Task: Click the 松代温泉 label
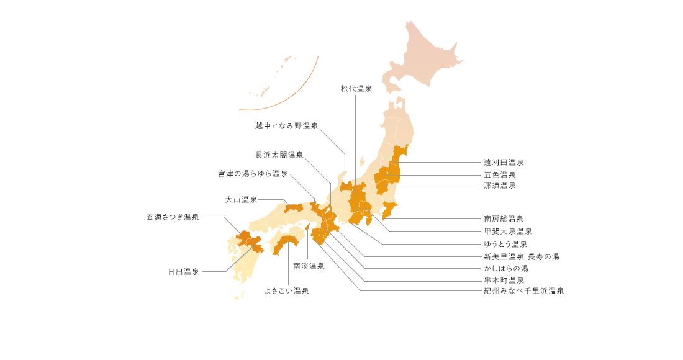pyautogui.click(x=356, y=89)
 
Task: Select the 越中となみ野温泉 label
pyautogui.click(x=286, y=126)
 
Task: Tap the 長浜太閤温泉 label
pyautogui.click(x=279, y=155)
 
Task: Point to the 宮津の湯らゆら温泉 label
pyautogui.click(x=253, y=174)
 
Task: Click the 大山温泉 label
pyautogui.click(x=241, y=200)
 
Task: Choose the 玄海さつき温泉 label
pyautogui.click(x=173, y=217)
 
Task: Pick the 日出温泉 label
pyautogui.click(x=184, y=272)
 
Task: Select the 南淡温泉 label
pyautogui.click(x=309, y=266)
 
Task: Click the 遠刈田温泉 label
pyautogui.click(x=504, y=163)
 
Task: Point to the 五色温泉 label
pyautogui.click(x=500, y=175)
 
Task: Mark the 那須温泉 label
pyautogui.click(x=500, y=186)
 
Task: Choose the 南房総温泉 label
pyautogui.click(x=504, y=219)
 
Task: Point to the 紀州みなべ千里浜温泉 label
pyautogui.click(x=524, y=290)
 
